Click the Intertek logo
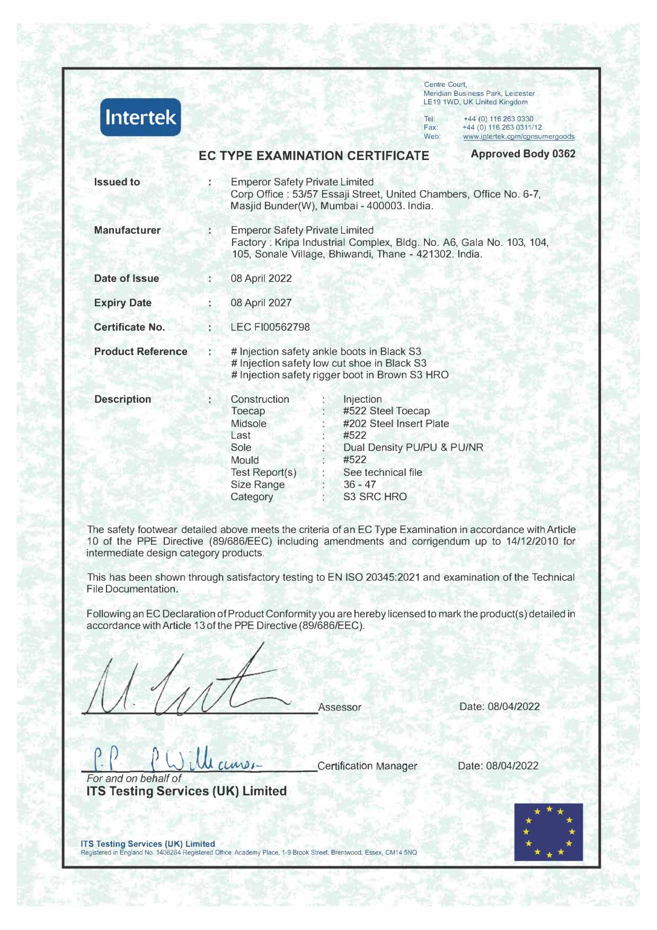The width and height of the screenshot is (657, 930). (x=140, y=117)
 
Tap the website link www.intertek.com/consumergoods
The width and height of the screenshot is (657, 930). (x=518, y=137)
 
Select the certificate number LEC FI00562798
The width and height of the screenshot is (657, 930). (x=270, y=327)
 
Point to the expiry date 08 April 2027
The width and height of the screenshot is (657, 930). (x=261, y=303)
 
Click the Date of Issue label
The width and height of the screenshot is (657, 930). (x=127, y=278)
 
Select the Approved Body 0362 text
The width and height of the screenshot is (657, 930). (x=523, y=154)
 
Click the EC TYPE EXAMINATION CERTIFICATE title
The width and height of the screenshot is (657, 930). (x=314, y=156)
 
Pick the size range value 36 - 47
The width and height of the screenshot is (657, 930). (x=360, y=484)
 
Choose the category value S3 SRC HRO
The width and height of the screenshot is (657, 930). (x=375, y=497)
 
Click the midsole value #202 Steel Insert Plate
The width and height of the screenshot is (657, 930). (x=396, y=423)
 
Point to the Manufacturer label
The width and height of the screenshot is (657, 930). (x=127, y=230)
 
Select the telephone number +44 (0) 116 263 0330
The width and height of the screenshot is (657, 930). (x=498, y=119)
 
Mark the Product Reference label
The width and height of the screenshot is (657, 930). (x=140, y=351)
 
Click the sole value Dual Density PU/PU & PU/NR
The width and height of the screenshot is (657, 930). (x=413, y=447)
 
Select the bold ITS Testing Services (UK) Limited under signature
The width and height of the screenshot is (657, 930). (x=187, y=791)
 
